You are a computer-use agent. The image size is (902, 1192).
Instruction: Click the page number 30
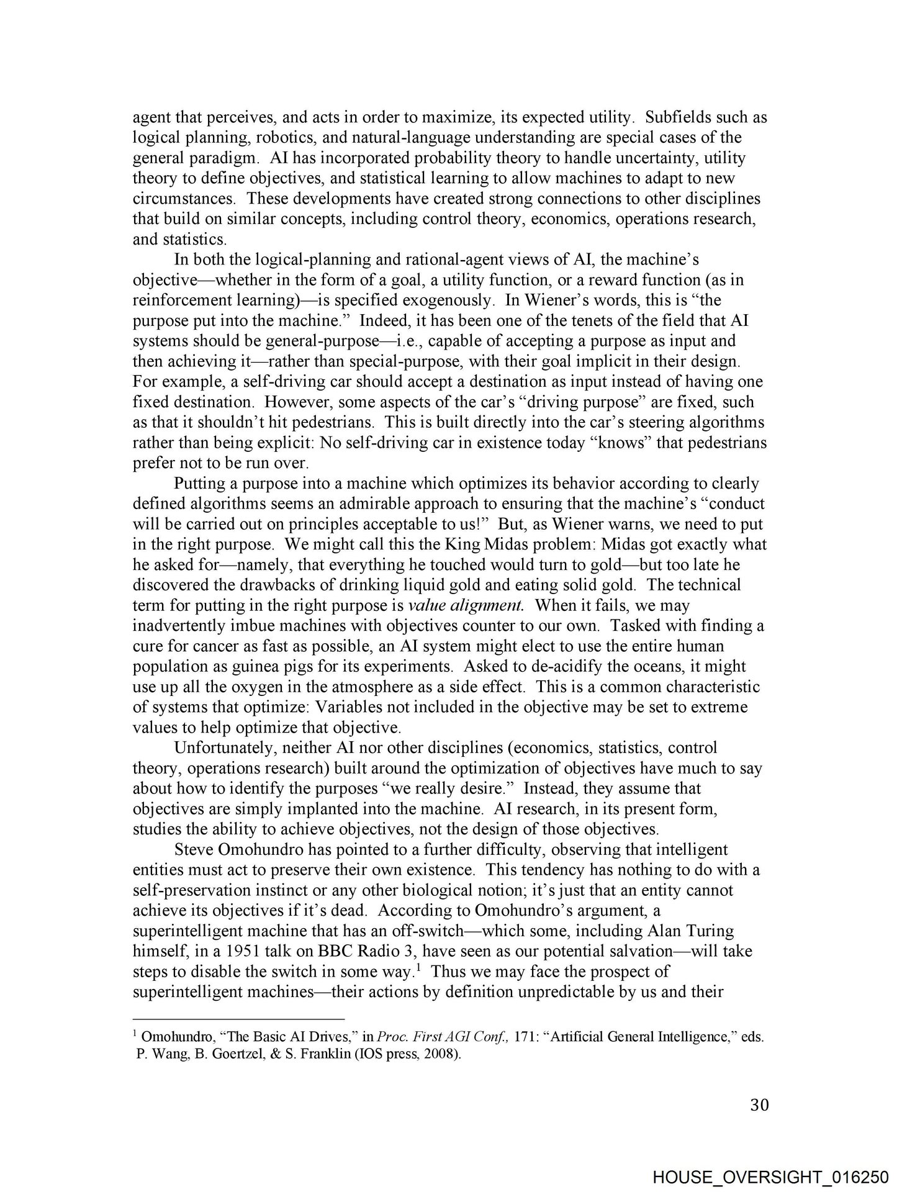759,1105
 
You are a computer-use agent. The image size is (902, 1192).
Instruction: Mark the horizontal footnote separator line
238,1019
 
